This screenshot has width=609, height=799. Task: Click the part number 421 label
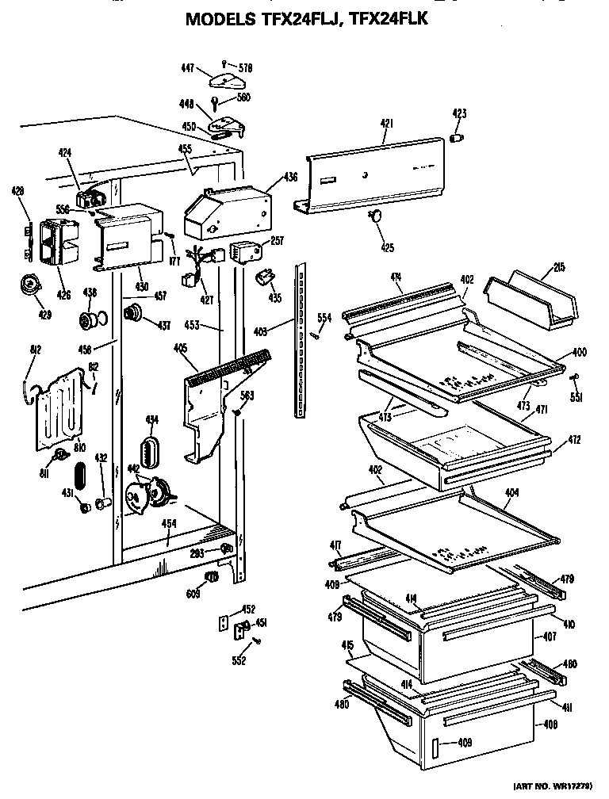[386, 123]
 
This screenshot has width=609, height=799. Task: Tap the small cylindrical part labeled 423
[457, 139]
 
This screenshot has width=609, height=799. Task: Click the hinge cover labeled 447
[224, 79]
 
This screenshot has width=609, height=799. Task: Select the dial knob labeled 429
[32, 286]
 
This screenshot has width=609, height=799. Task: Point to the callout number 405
[180, 347]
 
